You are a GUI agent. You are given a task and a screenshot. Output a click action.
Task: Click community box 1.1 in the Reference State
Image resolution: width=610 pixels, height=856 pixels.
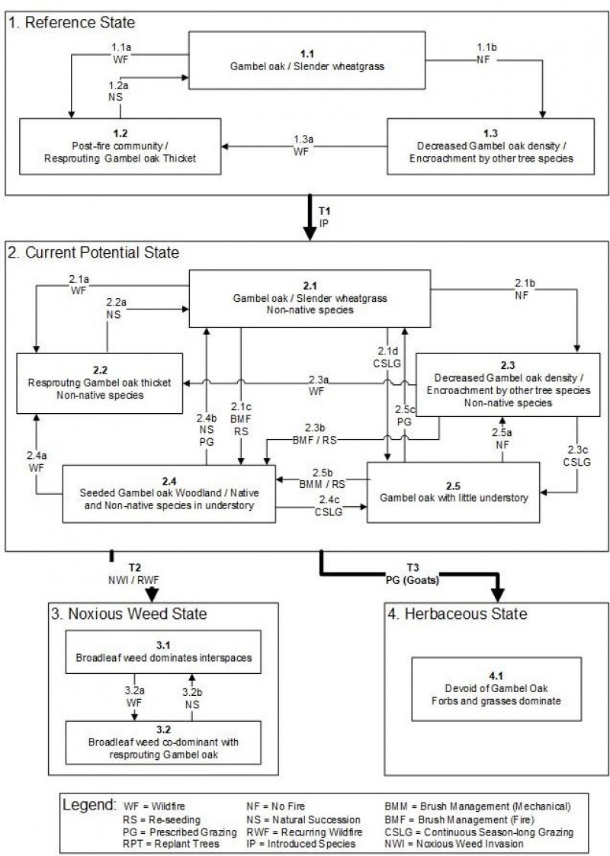307,60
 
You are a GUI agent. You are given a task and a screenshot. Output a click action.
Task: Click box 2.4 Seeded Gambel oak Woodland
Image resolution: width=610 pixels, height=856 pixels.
169,493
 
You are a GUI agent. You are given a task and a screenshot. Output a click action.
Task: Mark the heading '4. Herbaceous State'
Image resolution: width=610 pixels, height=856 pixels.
455,614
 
